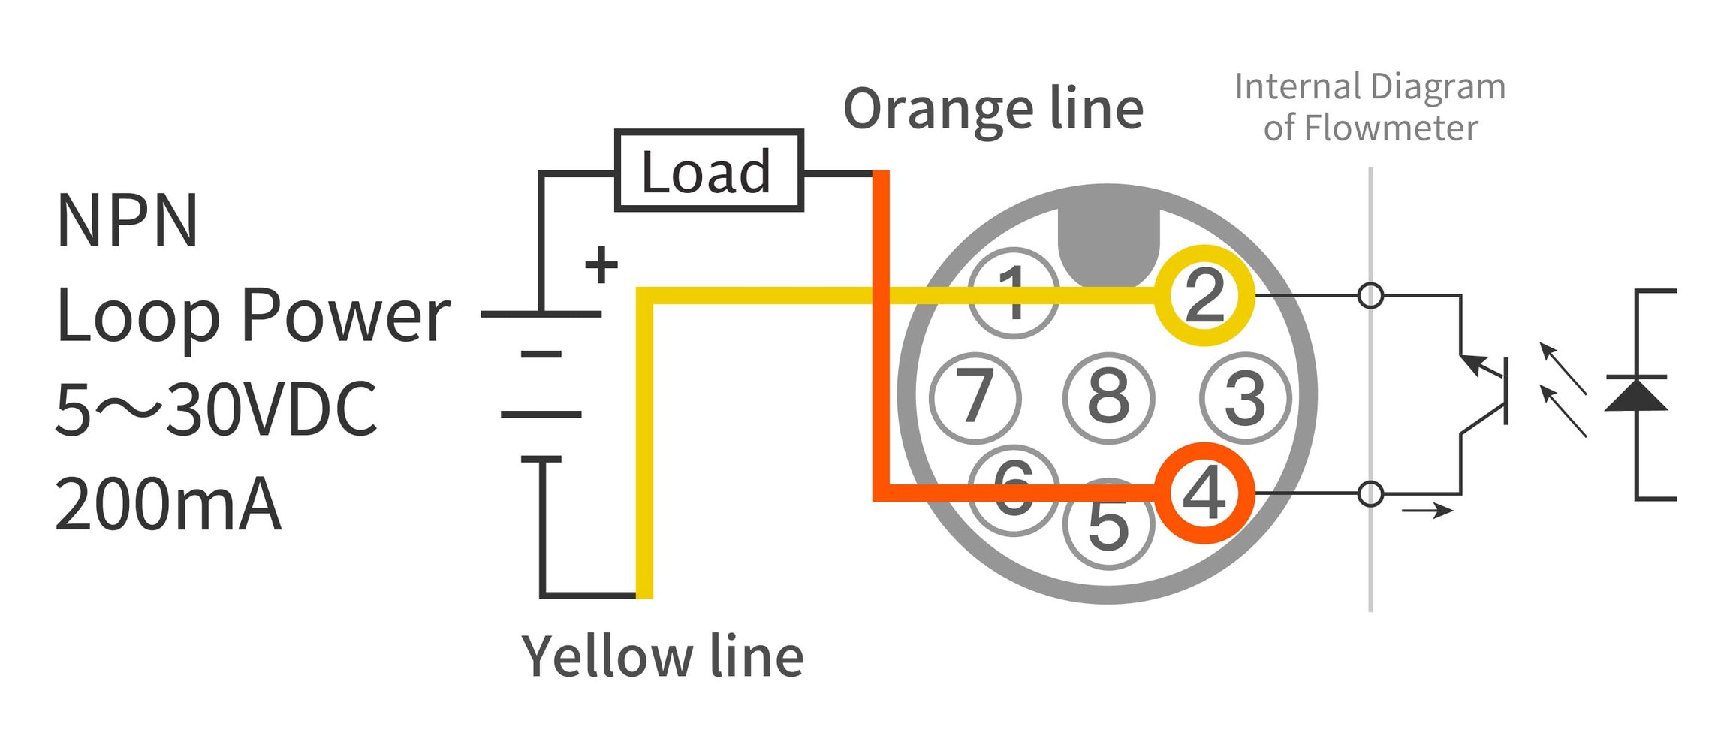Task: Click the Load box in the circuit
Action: pyautogui.click(x=709, y=170)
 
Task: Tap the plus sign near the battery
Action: pyautogui.click(x=601, y=265)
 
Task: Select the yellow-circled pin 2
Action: pyautogui.click(x=1204, y=295)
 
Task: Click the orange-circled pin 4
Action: pyautogui.click(x=1204, y=493)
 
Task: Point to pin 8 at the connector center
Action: pyautogui.click(x=1109, y=397)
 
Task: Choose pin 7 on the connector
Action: pyautogui.click(x=975, y=397)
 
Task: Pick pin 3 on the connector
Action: pyautogui.click(x=1246, y=397)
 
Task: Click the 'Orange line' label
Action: pyautogui.click(x=993, y=110)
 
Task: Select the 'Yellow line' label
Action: pyautogui.click(x=662, y=656)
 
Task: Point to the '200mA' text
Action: pyautogui.click(x=168, y=504)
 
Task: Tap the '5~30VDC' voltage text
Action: pyautogui.click(x=215, y=409)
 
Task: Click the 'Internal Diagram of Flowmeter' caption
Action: pyautogui.click(x=1370, y=107)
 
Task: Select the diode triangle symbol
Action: pyautogui.click(x=1636, y=394)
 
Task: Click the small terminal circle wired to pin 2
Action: pyautogui.click(x=1371, y=295)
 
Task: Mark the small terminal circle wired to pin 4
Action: pyautogui.click(x=1371, y=494)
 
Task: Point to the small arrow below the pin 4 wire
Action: pyautogui.click(x=1427, y=511)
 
